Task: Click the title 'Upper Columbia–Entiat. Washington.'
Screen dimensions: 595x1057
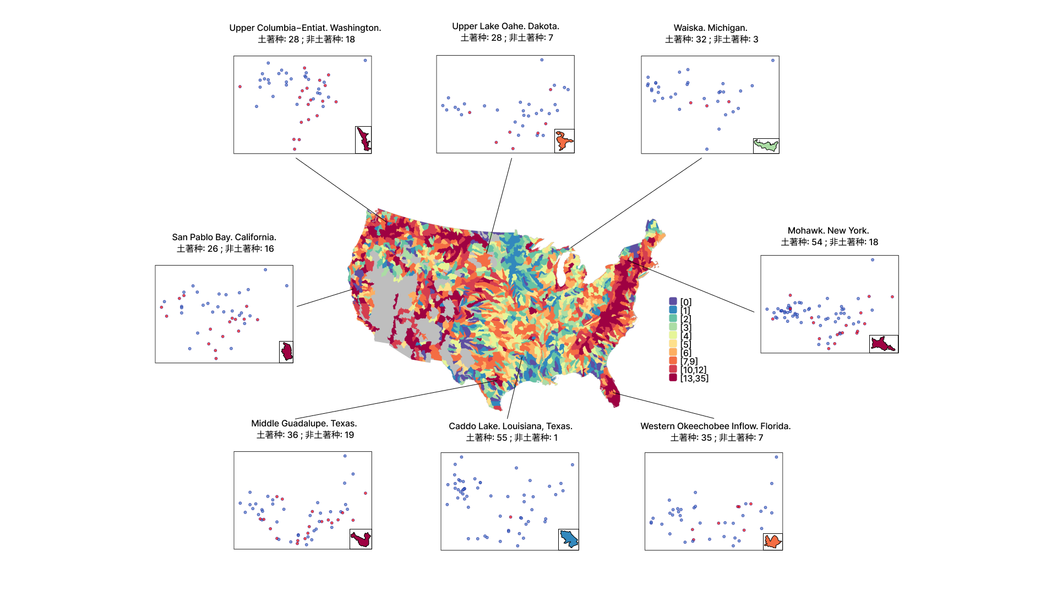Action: tap(305, 28)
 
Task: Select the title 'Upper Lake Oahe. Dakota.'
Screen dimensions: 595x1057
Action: tap(505, 26)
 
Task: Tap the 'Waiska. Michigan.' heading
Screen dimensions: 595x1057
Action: tap(710, 28)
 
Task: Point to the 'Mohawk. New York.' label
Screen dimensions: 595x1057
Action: tap(828, 230)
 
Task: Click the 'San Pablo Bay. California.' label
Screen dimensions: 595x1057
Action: tap(224, 237)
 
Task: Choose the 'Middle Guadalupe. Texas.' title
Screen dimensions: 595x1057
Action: tap(304, 423)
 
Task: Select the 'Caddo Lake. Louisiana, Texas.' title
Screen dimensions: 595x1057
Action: tap(510, 426)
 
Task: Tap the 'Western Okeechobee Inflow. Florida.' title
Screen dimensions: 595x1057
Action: tap(715, 426)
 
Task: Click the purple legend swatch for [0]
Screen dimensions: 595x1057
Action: tap(673, 301)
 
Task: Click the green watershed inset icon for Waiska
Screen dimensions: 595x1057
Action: tap(766, 145)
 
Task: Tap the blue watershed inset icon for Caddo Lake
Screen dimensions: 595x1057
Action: tap(569, 539)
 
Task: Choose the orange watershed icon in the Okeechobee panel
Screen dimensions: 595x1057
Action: tap(773, 542)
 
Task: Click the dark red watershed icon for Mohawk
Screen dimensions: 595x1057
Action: tap(884, 344)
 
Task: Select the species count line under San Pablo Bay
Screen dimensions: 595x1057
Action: tap(225, 248)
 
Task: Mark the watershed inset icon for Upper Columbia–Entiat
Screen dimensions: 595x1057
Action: tap(363, 139)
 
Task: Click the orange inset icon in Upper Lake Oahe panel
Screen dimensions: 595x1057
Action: tap(564, 141)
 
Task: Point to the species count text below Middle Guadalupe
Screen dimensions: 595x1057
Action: tap(305, 435)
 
